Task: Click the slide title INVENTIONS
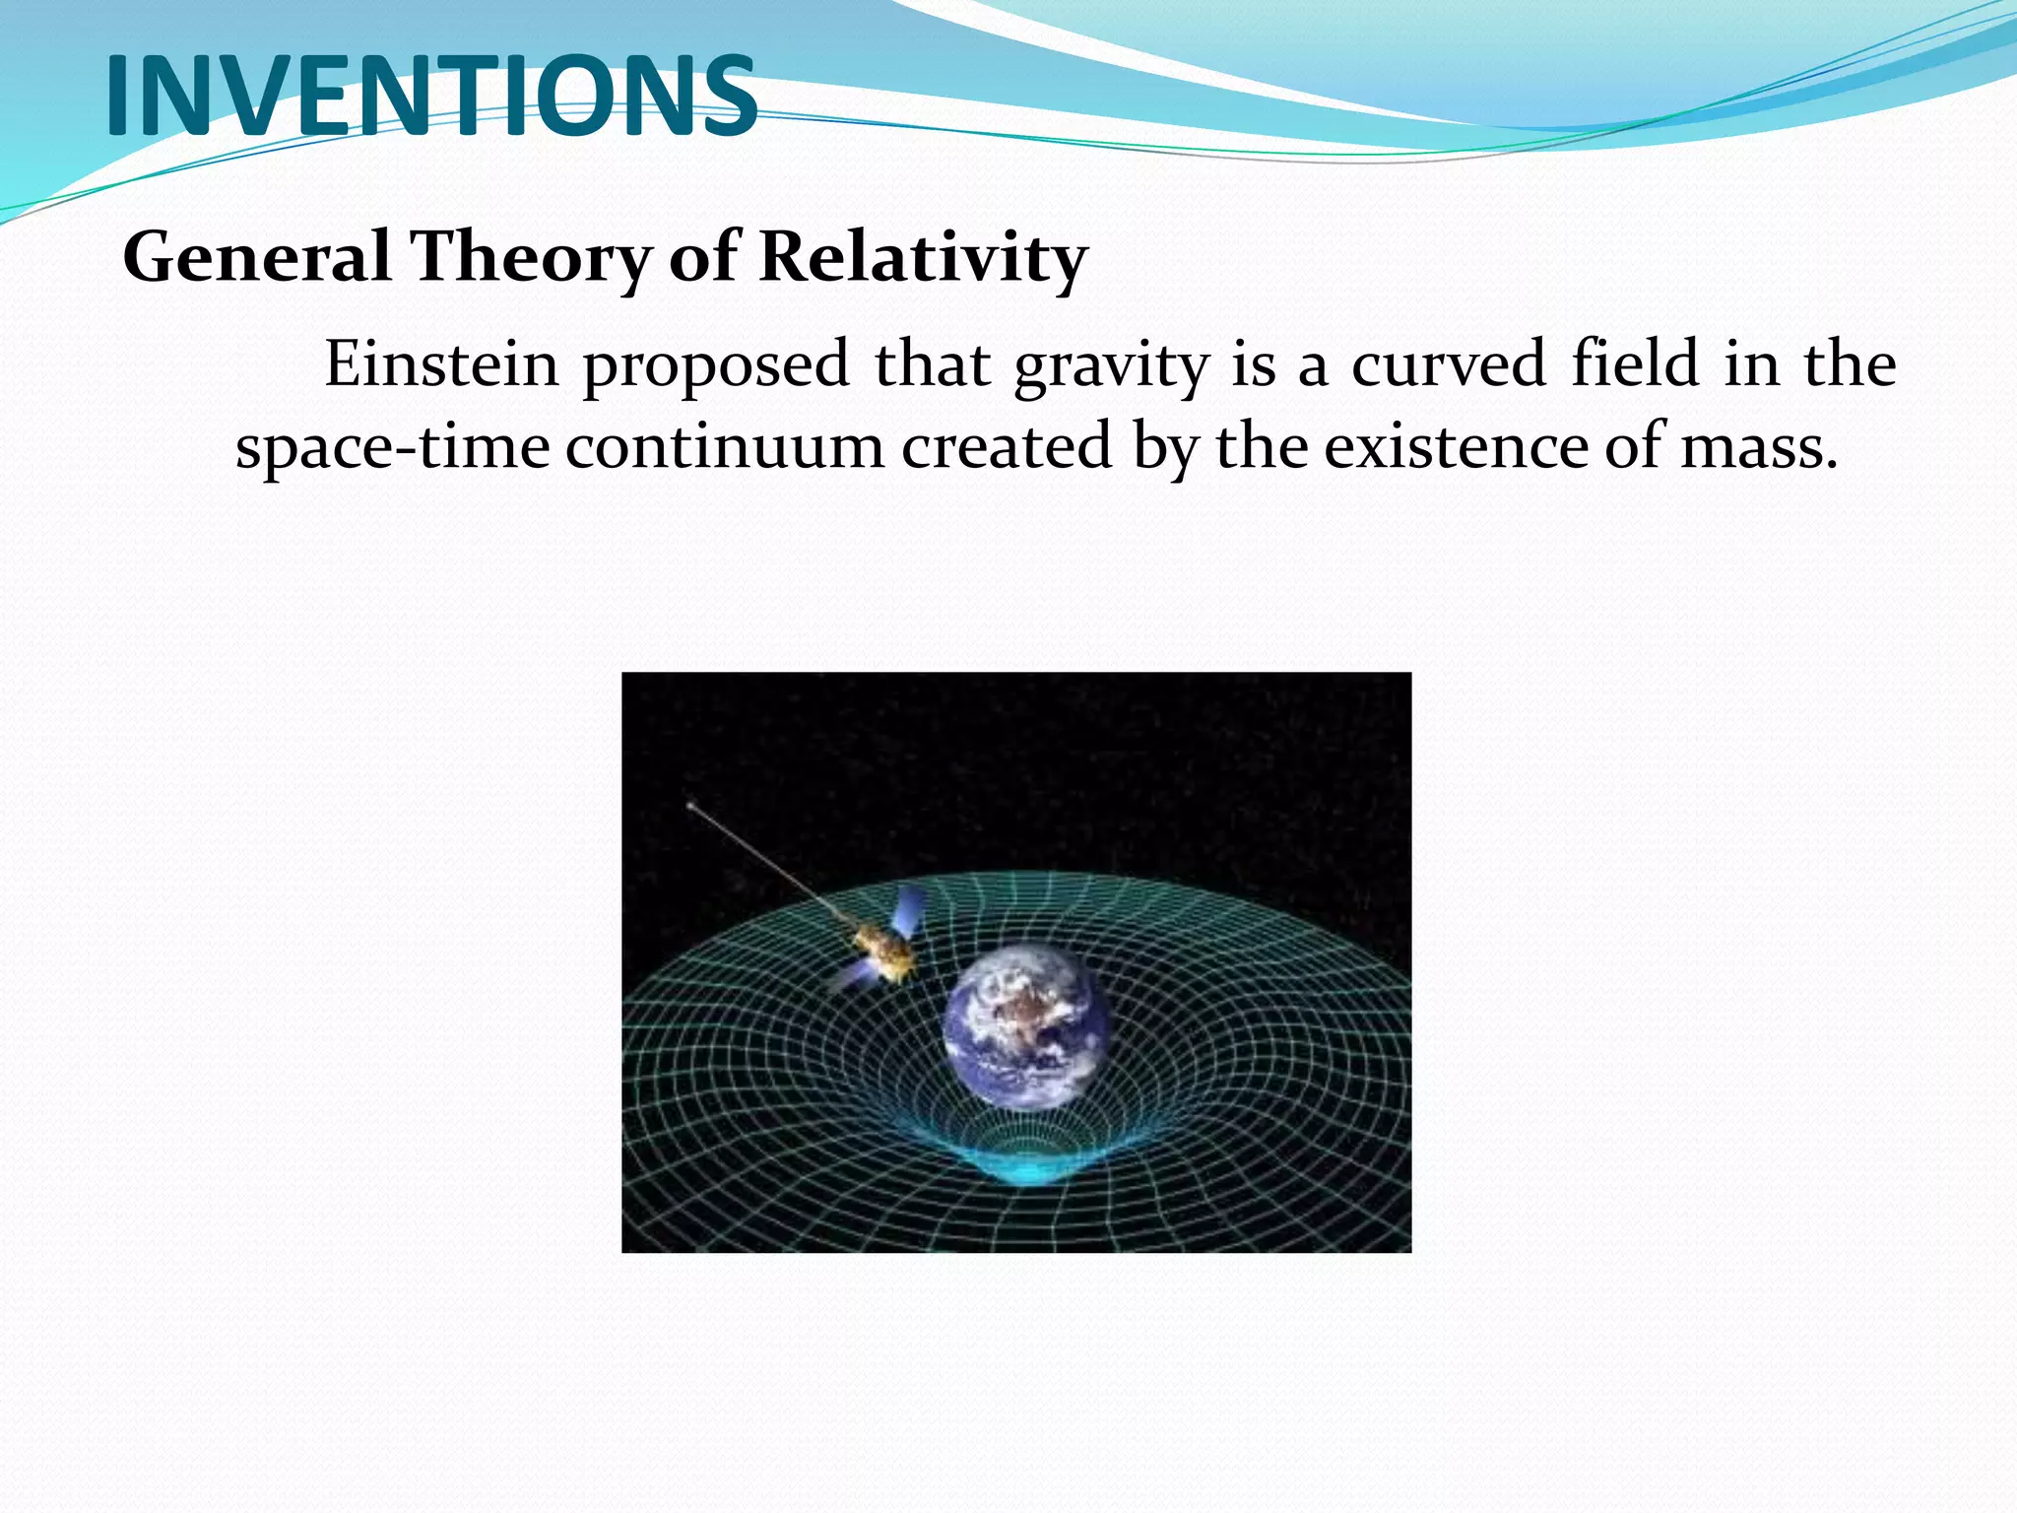pos(431,97)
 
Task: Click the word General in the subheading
pos(256,258)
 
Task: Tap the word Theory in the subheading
pos(529,258)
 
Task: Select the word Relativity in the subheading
pos(923,258)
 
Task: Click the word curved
pos(1448,364)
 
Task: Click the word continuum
pos(725,447)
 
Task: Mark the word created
pos(1007,446)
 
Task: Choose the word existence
pos(1456,446)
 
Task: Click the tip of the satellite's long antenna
pos(690,806)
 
